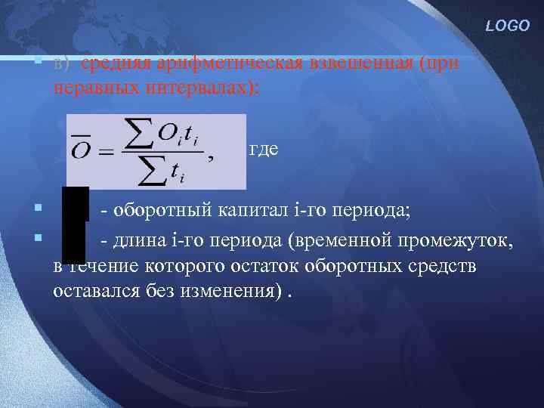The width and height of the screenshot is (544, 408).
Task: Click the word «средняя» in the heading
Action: pyautogui.click(x=109, y=63)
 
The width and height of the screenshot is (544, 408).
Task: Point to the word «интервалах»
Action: pyautogui.click(x=192, y=88)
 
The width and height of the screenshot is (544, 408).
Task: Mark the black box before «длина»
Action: pyautogui.click(x=73, y=243)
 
